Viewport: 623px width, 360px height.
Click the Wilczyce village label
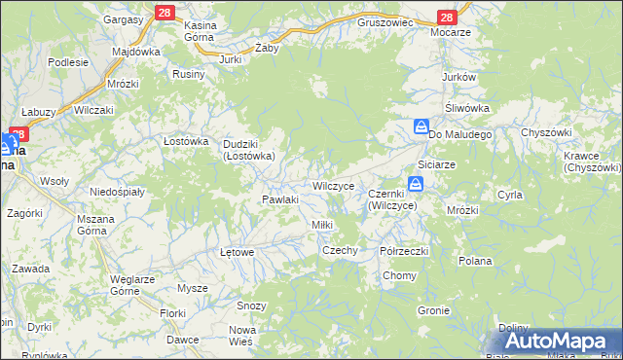(x=339, y=185)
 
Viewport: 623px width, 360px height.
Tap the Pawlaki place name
(x=278, y=199)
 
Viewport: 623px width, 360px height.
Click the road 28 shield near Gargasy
(x=163, y=11)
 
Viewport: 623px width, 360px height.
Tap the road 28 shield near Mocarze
(x=447, y=18)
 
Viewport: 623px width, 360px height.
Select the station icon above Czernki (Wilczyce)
(x=416, y=183)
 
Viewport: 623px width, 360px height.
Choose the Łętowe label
(x=238, y=252)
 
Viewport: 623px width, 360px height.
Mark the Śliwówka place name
(x=466, y=108)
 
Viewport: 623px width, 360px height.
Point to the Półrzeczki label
(x=404, y=251)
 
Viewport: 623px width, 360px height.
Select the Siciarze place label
(x=436, y=164)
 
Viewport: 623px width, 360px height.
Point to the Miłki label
(x=321, y=225)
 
